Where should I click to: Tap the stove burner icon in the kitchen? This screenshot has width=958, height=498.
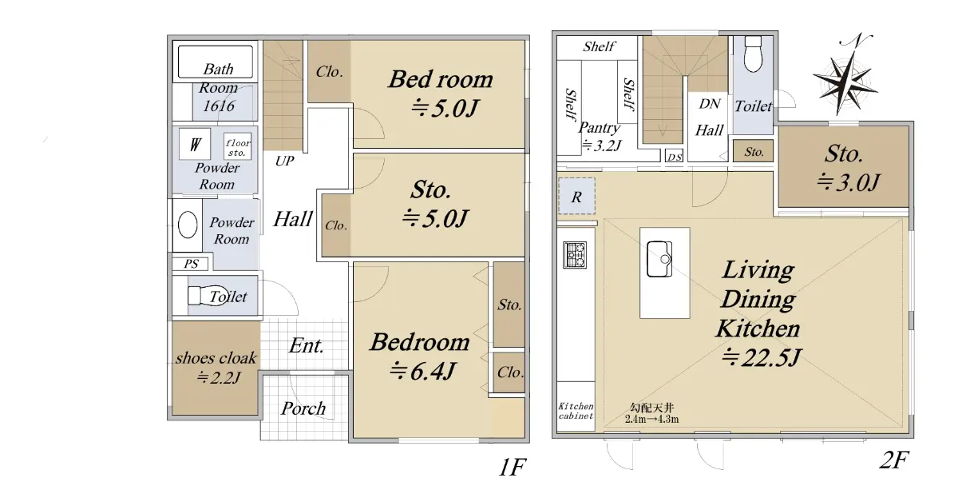[x=574, y=255]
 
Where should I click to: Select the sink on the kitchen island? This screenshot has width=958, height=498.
[x=659, y=259]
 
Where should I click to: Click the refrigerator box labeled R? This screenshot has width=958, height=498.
[x=576, y=196]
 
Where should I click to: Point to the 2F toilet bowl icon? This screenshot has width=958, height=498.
[x=753, y=54]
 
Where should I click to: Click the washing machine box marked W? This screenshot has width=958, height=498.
[x=195, y=144]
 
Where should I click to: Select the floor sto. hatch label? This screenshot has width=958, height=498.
[x=237, y=147]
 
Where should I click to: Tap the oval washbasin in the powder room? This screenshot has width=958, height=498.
[x=188, y=225]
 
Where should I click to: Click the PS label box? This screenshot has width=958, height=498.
[x=191, y=264]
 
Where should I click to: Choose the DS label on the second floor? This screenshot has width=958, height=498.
[x=675, y=157]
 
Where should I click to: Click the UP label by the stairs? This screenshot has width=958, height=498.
[x=284, y=161]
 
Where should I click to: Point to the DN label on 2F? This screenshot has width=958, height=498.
[x=710, y=104]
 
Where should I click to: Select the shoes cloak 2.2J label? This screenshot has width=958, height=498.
[x=216, y=368]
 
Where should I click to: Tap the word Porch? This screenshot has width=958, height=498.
[x=303, y=408]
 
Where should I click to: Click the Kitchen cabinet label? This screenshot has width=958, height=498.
[x=576, y=411]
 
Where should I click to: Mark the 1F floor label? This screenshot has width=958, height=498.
[x=512, y=467]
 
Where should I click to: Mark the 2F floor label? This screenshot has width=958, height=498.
[x=894, y=460]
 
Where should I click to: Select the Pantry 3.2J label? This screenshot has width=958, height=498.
[x=600, y=137]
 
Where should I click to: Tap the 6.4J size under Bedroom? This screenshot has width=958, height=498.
[x=423, y=371]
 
